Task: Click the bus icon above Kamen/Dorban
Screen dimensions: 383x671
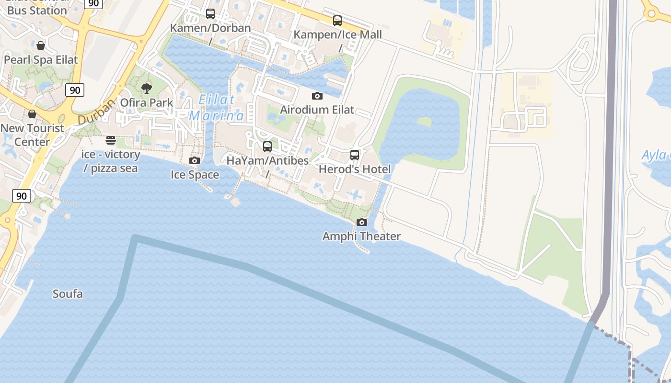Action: pos(210,14)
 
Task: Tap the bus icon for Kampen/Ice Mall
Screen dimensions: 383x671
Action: pos(337,21)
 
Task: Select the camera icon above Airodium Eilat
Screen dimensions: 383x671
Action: pos(317,96)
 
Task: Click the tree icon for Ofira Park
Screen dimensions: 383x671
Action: pos(147,88)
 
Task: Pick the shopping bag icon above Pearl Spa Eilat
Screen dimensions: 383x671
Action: pos(41,45)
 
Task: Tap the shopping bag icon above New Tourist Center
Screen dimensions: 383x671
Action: pos(32,114)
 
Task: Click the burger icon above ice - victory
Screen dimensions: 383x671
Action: pos(111,140)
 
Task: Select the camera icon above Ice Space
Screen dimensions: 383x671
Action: pos(195,160)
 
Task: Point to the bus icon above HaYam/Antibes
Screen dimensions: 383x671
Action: pos(267,146)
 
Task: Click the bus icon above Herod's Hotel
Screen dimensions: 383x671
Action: pos(355,155)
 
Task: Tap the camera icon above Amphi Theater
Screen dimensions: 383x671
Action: pos(362,222)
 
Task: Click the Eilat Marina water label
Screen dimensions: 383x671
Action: pos(217,108)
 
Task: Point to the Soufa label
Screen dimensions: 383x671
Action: pos(68,293)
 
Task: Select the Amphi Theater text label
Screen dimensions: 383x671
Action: pos(361,236)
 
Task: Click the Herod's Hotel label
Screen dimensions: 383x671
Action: pos(355,169)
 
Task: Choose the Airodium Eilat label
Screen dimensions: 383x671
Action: pos(317,110)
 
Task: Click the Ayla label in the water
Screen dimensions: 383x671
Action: pos(655,155)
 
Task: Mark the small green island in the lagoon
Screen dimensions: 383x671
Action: pos(424,122)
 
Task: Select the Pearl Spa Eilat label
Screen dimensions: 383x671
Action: pos(41,60)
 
